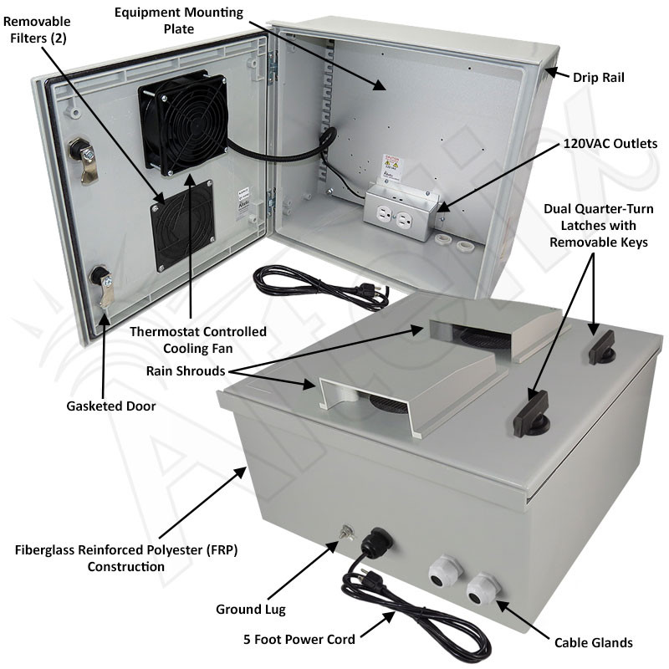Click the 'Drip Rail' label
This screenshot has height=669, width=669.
pos(599,77)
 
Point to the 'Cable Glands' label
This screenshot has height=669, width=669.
pos(593,642)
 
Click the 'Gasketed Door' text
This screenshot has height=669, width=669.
pos(111,406)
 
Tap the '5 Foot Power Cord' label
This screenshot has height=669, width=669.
pos(299,639)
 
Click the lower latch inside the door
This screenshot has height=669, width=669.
pos(104,285)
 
